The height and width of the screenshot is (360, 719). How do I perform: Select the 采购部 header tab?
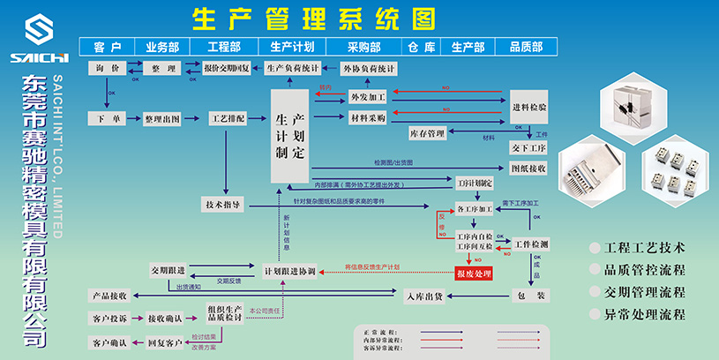tap(363, 47)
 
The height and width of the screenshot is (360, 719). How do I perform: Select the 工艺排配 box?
tap(228, 117)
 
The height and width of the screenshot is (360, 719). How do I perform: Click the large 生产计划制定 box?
tap(290, 136)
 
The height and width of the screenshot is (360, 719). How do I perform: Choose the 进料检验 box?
tap(529, 107)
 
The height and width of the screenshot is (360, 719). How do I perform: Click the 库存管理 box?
tap(427, 134)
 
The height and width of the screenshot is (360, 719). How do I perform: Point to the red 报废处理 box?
tap(473, 274)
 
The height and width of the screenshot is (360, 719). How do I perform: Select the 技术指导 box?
tap(223, 205)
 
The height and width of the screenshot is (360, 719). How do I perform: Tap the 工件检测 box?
tap(531, 244)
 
